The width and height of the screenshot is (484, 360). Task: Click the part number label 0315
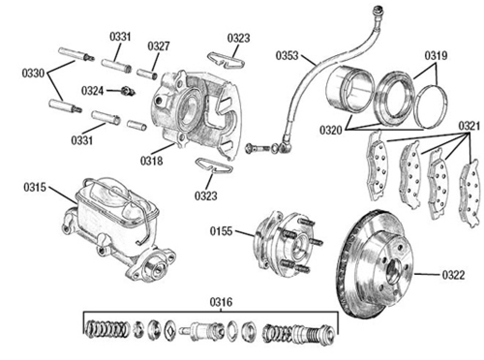pyautogui.click(x=36, y=187)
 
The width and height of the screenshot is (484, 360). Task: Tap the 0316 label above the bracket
pyautogui.click(x=221, y=303)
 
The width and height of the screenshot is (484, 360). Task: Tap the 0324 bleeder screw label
pyautogui.click(x=92, y=90)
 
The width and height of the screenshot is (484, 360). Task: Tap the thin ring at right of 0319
pyautogui.click(x=433, y=106)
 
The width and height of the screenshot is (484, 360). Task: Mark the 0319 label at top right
pyautogui.click(x=437, y=56)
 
